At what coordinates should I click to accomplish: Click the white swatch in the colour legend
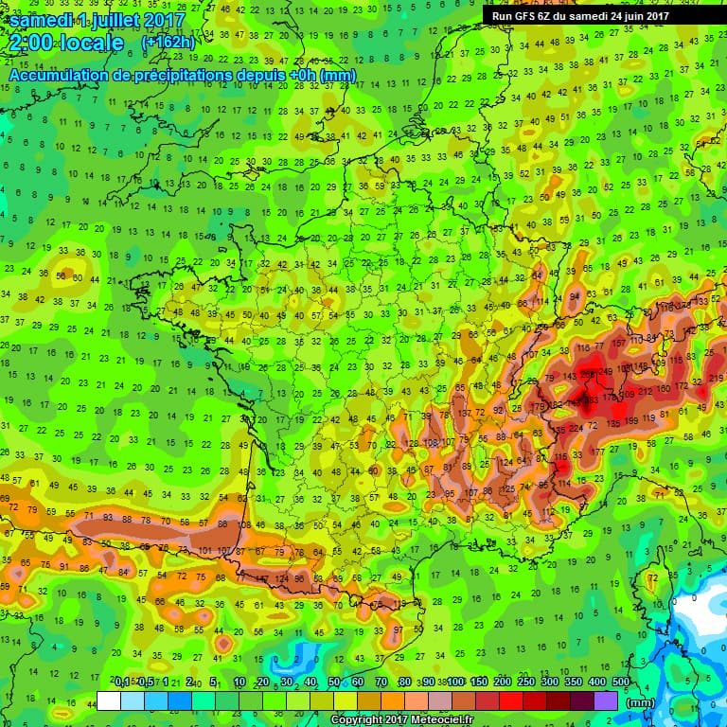(108, 701)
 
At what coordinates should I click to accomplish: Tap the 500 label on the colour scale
(621, 682)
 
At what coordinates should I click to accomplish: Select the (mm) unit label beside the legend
(641, 702)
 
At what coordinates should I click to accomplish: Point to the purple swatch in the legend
(606, 701)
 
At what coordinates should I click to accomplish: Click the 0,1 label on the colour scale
(122, 682)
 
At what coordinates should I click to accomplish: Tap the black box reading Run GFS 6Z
(578, 15)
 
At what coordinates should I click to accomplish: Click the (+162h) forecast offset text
(168, 43)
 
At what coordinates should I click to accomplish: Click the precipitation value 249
(605, 371)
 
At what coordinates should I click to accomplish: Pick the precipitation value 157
(618, 343)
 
